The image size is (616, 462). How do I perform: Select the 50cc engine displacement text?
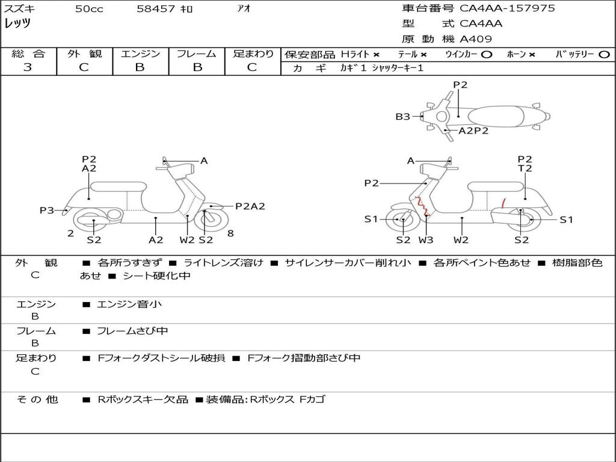coord(89,9)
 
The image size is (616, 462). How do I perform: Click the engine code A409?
coord(476,39)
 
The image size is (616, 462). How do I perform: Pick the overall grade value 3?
coord(28,67)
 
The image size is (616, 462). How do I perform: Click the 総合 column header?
coord(28,54)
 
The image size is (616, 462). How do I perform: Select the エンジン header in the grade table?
coord(140,54)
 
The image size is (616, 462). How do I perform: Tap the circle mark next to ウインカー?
coord(487,55)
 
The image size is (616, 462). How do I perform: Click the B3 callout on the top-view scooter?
coord(402,117)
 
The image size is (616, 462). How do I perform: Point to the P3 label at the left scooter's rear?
coord(47,210)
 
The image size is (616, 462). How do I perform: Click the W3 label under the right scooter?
coord(426,240)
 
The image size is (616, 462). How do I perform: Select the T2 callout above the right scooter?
coord(525,169)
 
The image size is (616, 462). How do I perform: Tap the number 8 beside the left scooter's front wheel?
coord(230,233)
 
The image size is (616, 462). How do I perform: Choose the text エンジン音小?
coord(129,304)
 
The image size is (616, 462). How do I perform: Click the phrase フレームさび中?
coord(132,331)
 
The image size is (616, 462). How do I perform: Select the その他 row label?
coord(37,399)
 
